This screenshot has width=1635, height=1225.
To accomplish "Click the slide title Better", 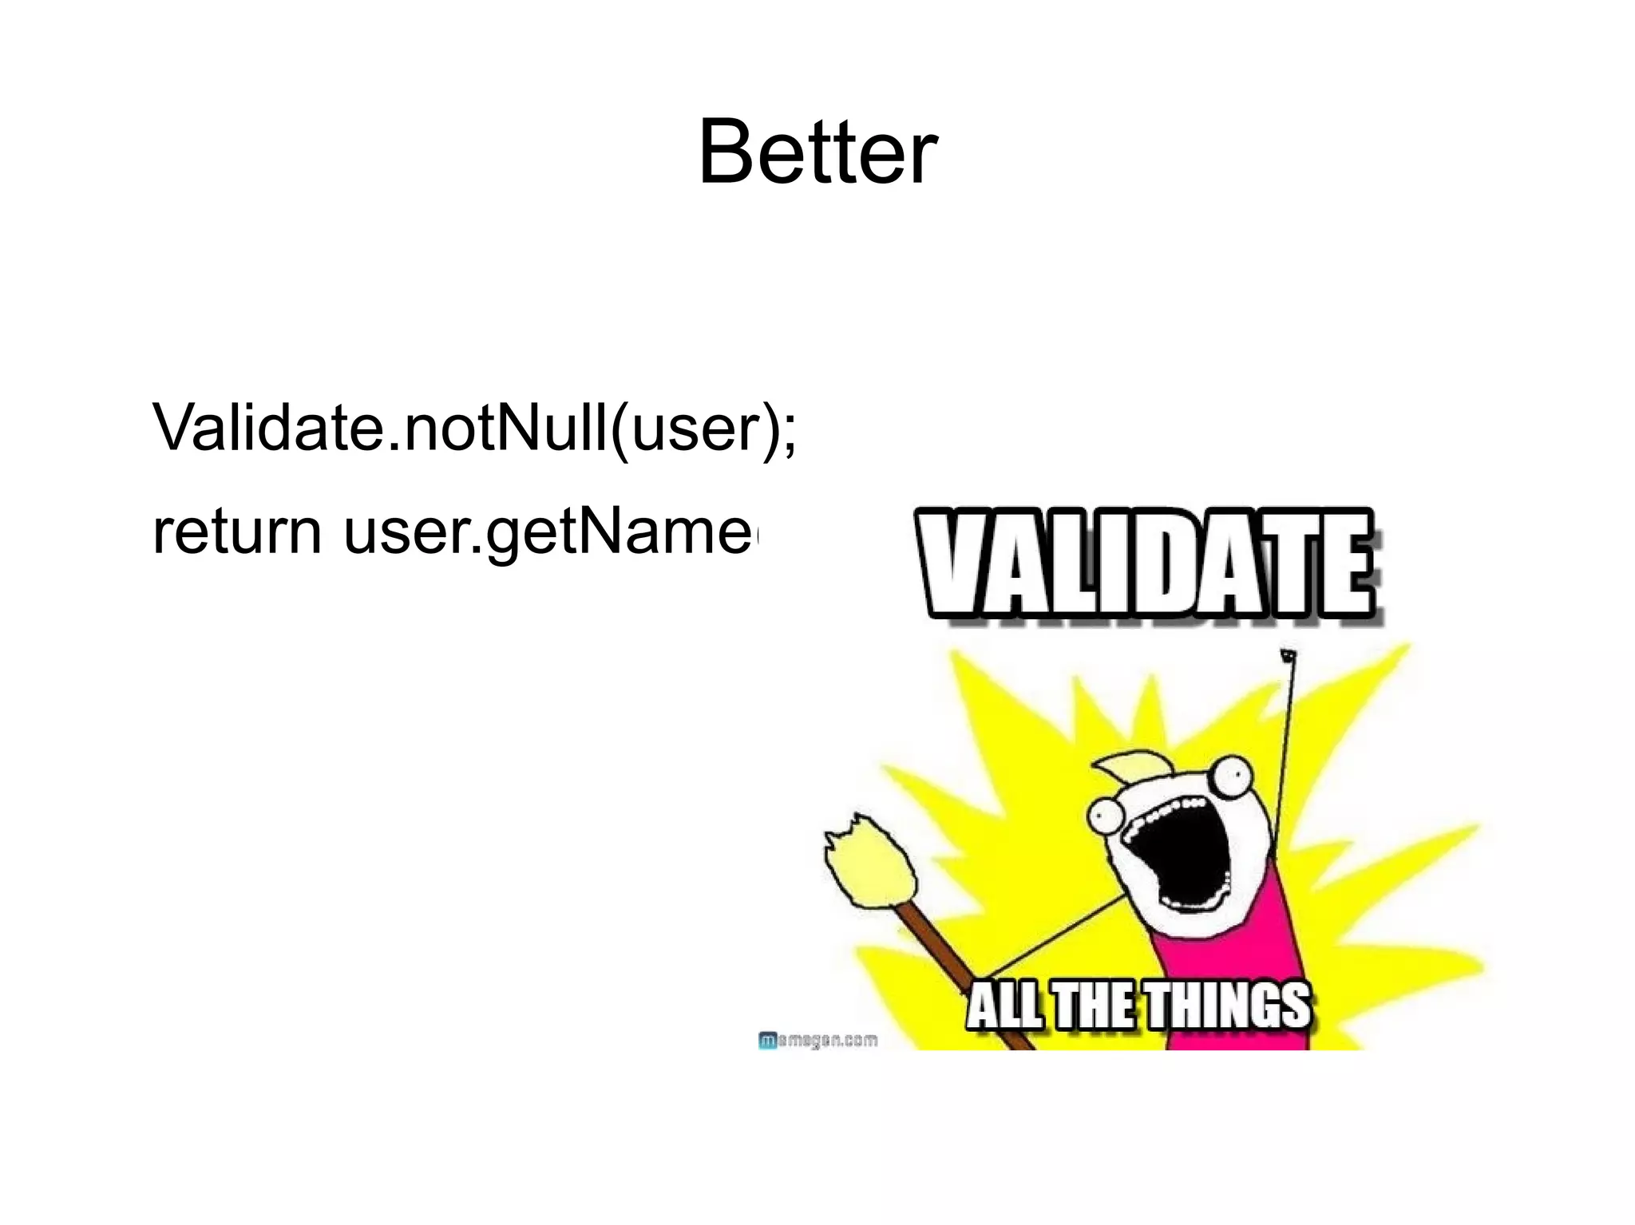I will (817, 152).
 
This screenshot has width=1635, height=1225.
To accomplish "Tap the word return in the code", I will (237, 532).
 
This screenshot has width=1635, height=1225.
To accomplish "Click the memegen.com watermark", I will (817, 1041).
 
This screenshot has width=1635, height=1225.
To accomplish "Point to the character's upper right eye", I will (1226, 771).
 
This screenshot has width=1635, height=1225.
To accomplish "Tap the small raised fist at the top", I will (1287, 656).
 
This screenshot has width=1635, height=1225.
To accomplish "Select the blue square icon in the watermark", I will (766, 1041).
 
